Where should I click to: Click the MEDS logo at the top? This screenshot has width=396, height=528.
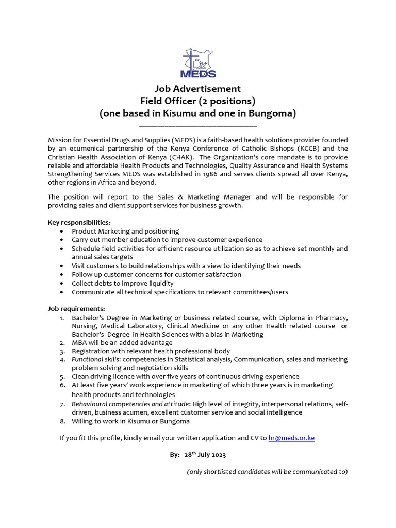point(198,63)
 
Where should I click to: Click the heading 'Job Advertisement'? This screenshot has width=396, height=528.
point(198,89)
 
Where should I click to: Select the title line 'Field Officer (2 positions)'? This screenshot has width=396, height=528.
point(198,101)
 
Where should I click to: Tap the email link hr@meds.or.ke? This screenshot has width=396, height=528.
point(291,438)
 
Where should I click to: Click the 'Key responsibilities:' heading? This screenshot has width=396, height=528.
point(75,222)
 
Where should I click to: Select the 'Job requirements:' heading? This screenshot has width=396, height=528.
point(69,309)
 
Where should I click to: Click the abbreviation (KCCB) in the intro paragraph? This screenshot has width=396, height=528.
point(309,148)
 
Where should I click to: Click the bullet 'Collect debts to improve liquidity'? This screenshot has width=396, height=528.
point(123,283)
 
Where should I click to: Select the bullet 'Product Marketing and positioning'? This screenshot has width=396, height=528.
point(125,231)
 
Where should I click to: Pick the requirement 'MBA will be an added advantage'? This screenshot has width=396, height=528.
point(122,342)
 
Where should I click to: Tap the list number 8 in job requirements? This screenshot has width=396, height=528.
point(62,421)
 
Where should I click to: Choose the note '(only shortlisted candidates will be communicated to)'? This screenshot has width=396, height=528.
point(267,472)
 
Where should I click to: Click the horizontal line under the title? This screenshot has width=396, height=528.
point(198,125)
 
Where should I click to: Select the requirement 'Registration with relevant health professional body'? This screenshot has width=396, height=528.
point(151,351)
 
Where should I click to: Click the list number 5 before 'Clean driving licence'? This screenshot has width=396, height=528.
point(62,377)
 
